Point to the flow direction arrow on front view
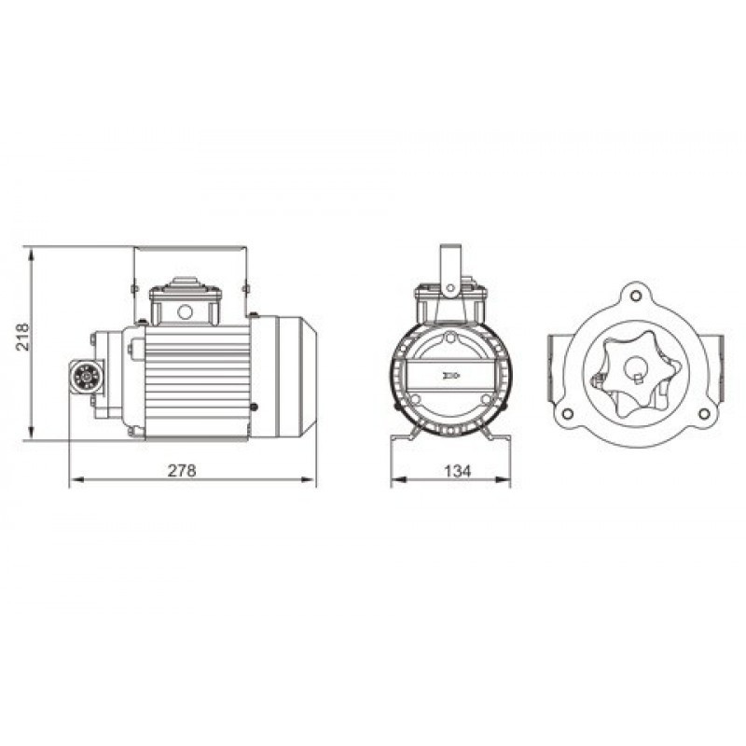450,376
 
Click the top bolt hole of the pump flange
637,297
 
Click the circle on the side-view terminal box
185,311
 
